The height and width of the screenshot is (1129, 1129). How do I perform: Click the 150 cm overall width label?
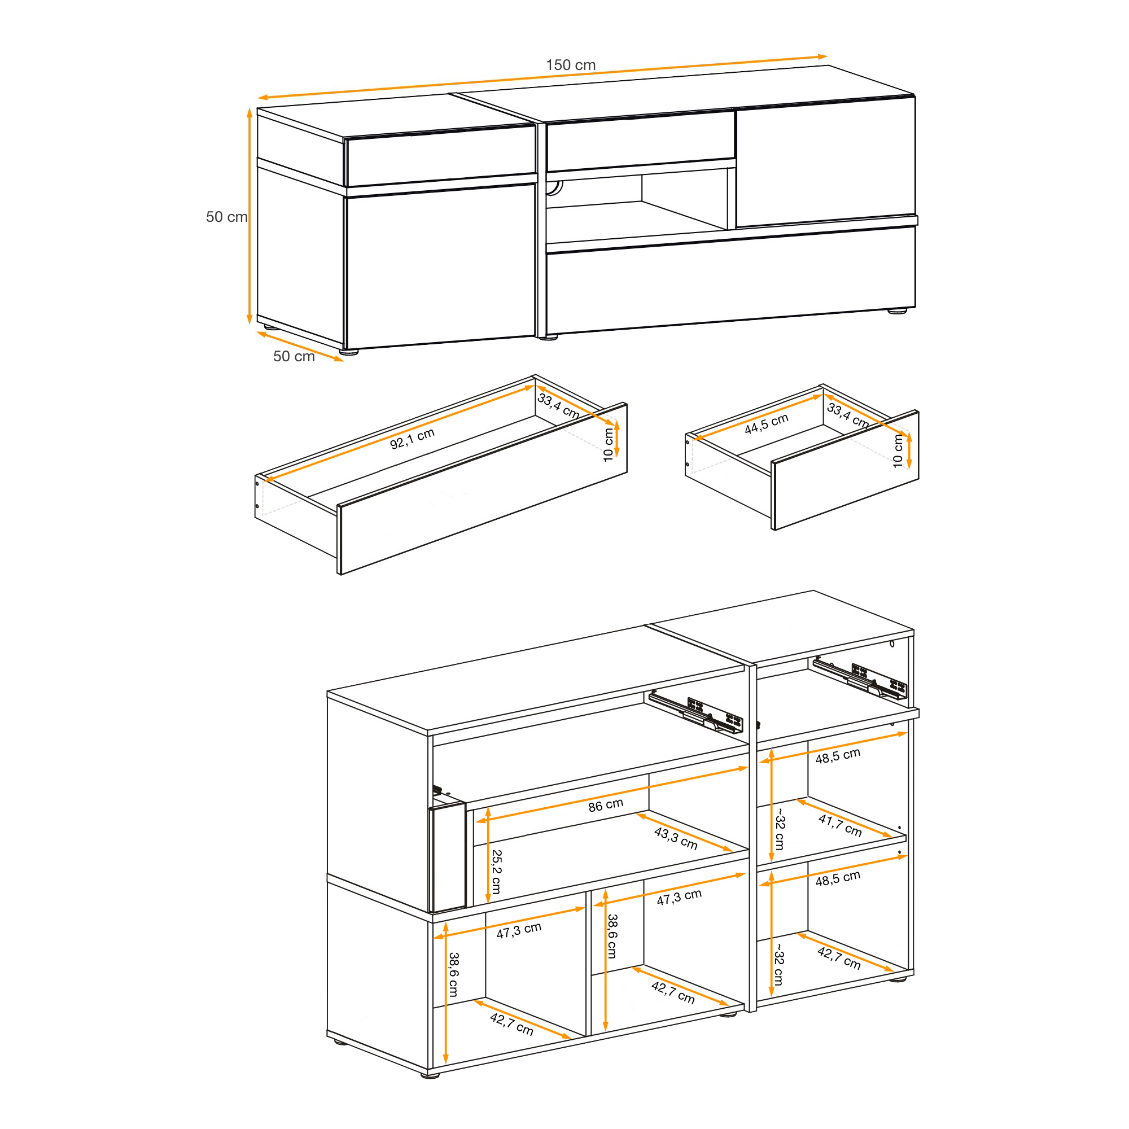(570, 65)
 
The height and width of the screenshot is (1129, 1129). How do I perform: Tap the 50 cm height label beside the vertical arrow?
(227, 217)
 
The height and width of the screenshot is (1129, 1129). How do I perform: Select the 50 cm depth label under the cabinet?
(294, 356)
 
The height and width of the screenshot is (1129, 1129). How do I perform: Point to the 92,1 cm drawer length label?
(413, 438)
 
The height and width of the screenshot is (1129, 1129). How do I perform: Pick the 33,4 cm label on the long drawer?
(559, 405)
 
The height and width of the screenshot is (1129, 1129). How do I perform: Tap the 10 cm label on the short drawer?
(898, 451)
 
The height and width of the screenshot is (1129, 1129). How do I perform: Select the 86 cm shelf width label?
(605, 806)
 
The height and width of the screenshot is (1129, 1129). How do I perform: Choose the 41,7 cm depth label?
(841, 826)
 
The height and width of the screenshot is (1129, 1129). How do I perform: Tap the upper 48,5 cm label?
(838, 756)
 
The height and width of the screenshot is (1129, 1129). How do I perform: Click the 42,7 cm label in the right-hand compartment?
(839, 959)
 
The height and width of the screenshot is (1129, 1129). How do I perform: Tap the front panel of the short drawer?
(845, 470)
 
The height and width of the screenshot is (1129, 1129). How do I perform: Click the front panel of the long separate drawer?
(483, 488)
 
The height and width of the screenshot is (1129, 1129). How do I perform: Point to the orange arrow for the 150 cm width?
(543, 77)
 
